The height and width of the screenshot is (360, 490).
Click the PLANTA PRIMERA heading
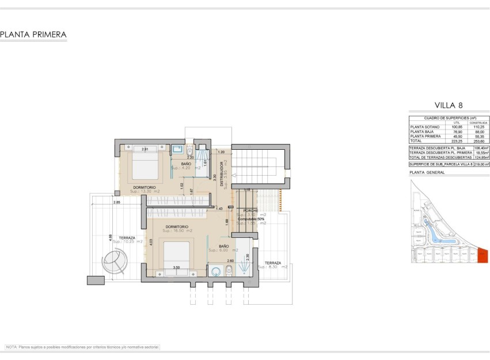tap(33, 35)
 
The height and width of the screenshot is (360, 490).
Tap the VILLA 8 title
tap(448, 105)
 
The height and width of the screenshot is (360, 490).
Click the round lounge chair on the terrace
tap(113, 266)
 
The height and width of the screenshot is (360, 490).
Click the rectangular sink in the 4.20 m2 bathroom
tap(178, 150)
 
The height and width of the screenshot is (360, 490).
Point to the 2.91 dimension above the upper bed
tap(145, 149)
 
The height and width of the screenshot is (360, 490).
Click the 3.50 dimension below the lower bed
tap(176, 268)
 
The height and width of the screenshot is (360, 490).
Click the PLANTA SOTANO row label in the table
tap(425, 127)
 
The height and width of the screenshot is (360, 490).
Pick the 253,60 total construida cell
tap(478, 141)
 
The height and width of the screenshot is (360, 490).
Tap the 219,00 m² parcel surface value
tap(481, 164)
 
